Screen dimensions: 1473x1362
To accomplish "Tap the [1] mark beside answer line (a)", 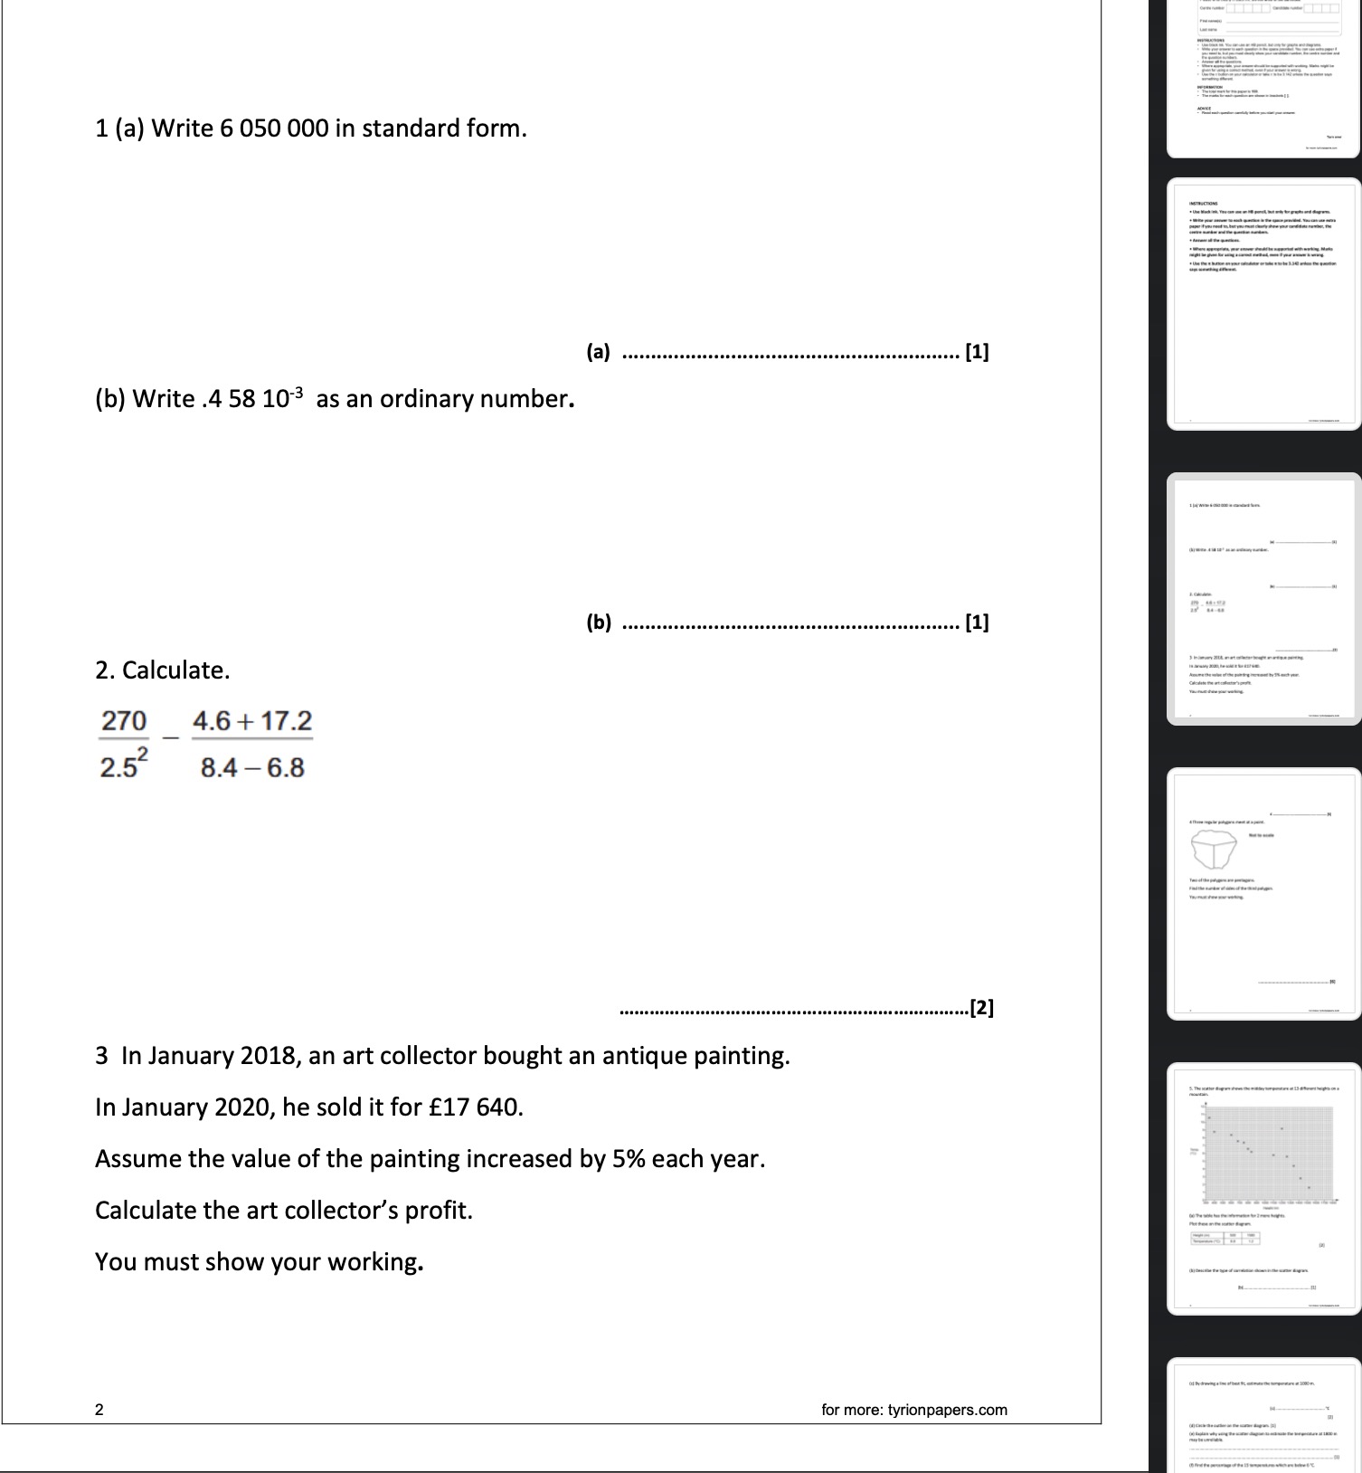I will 977,352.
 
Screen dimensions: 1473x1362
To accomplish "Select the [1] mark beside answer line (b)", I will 977,622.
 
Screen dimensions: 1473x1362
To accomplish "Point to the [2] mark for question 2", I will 981,1008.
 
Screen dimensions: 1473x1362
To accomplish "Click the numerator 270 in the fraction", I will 124,721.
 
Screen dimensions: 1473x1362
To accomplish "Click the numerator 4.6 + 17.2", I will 252,721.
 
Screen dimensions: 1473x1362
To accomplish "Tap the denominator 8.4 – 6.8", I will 252,768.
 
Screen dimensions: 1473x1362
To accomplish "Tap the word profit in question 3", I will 438,1211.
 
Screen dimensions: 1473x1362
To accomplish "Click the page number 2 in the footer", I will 99,1409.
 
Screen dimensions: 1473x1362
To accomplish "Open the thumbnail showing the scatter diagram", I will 1263,1188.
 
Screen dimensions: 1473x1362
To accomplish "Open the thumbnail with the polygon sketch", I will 1263,894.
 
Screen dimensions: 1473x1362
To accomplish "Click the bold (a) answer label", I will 598,352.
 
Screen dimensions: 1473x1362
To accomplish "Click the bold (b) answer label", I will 598,622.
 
